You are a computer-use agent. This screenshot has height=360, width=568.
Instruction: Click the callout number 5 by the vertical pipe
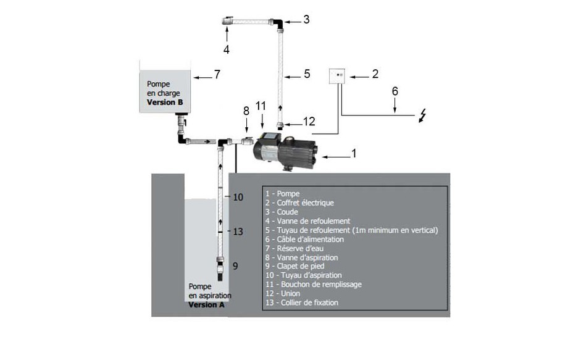pyautogui.click(x=307, y=75)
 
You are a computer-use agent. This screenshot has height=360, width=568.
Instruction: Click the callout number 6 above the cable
pyautogui.click(x=395, y=91)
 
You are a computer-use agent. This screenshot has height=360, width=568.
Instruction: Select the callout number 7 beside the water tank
pyautogui.click(x=217, y=75)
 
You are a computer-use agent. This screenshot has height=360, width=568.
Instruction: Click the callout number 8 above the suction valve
pyautogui.click(x=246, y=111)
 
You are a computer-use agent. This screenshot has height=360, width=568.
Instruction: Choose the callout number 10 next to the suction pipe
pyautogui.click(x=238, y=197)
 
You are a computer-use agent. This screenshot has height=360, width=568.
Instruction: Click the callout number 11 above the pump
pyautogui.click(x=261, y=106)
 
